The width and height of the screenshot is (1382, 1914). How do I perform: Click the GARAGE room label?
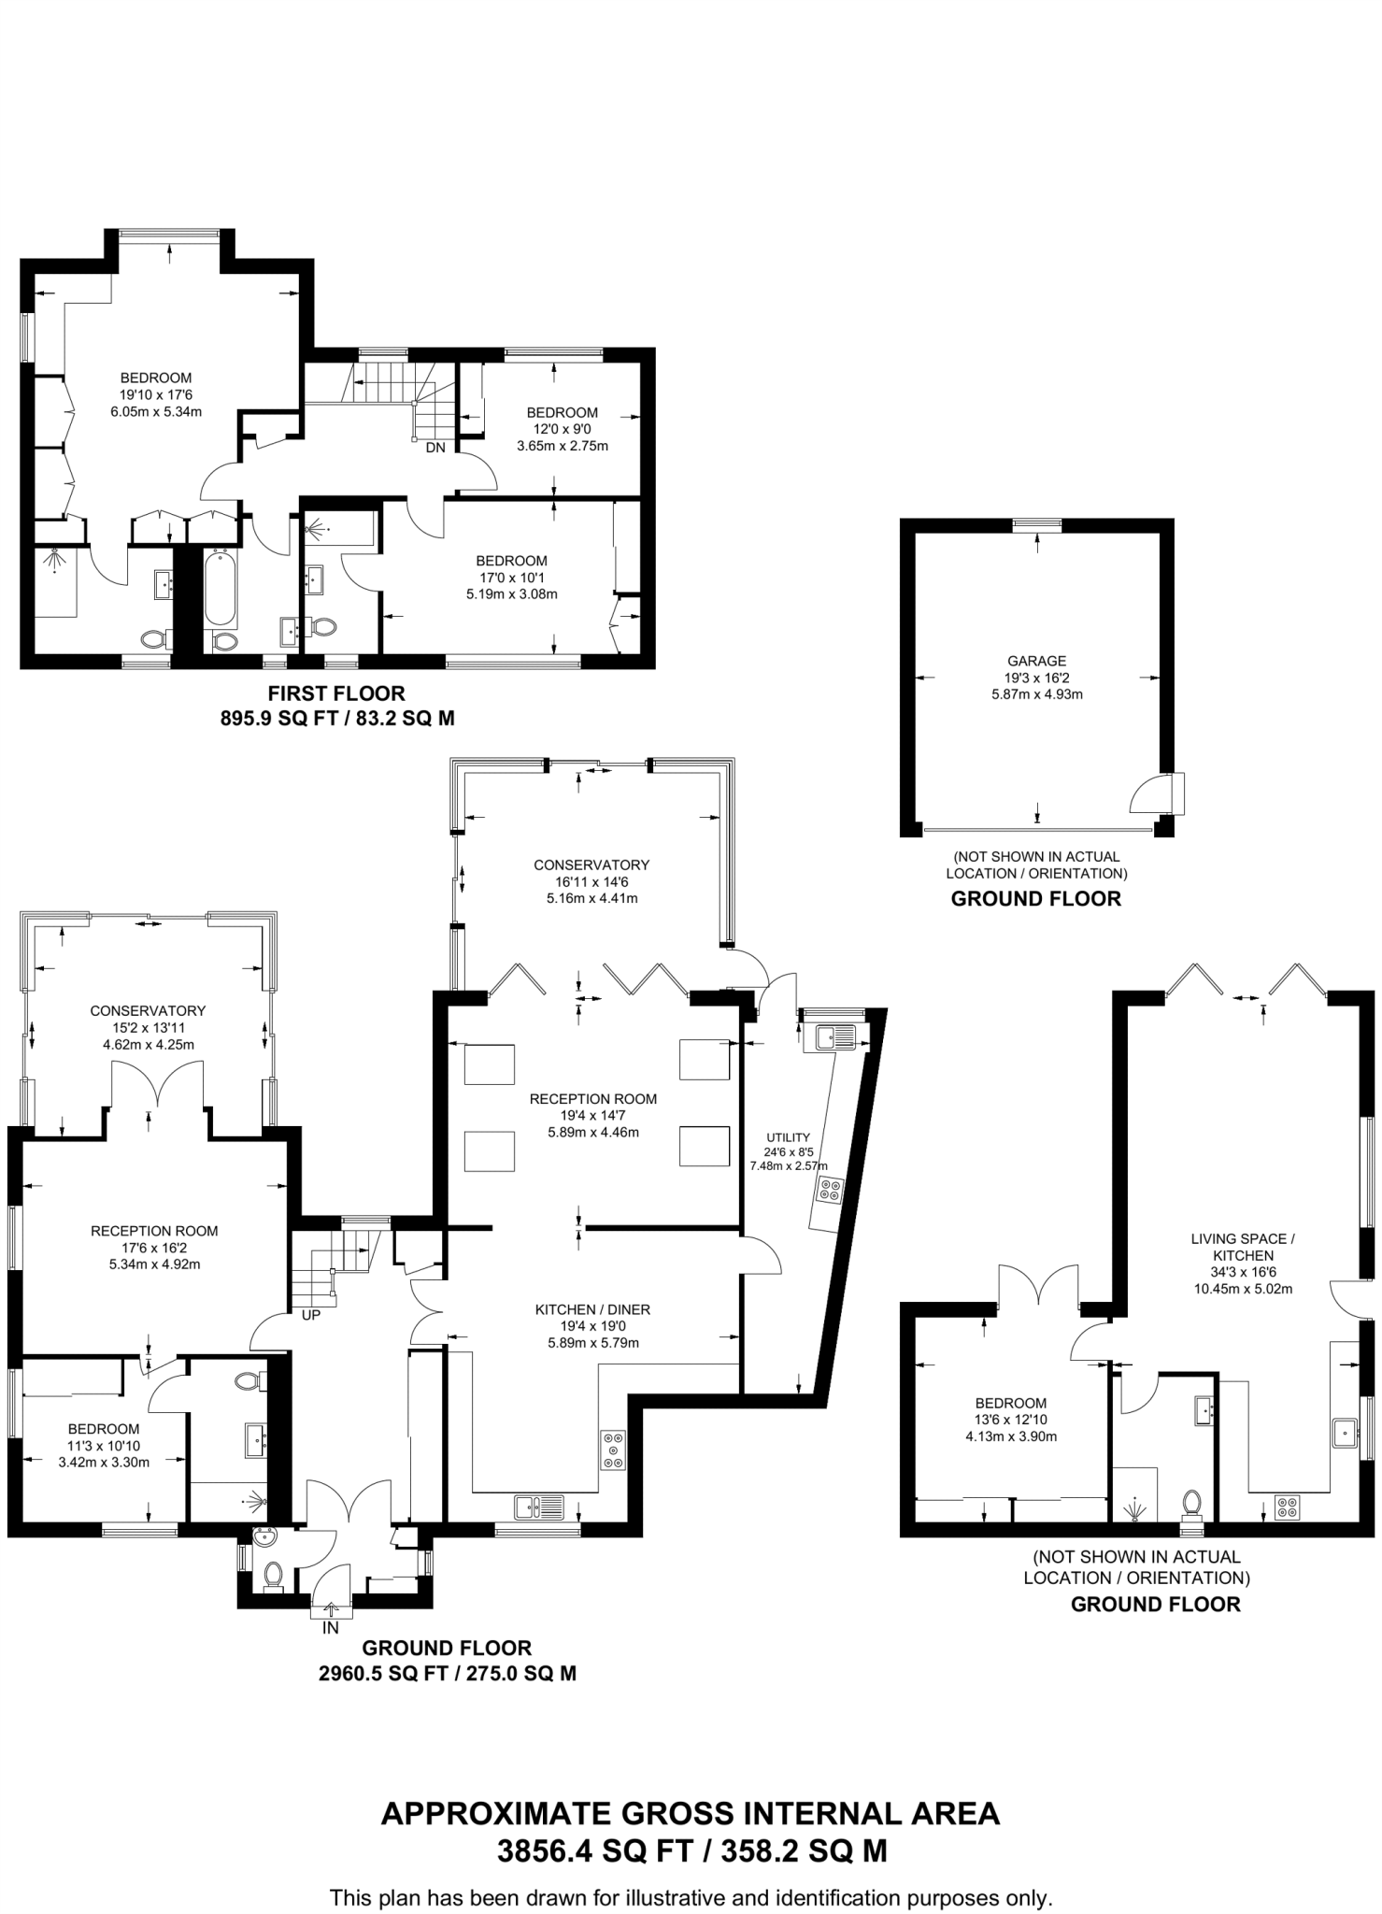point(1036,661)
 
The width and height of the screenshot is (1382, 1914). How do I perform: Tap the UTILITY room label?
point(788,1137)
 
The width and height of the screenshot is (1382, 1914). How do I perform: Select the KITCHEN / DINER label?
point(592,1310)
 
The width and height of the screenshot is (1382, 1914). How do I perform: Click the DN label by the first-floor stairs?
point(435,448)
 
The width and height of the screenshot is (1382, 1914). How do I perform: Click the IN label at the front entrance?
point(331,1628)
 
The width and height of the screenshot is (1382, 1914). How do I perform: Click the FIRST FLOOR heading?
point(336,693)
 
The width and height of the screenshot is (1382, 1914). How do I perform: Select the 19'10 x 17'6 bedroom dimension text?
point(156,394)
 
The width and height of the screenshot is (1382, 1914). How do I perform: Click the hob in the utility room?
point(829,1190)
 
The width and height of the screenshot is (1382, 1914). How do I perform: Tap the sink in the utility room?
point(835,1036)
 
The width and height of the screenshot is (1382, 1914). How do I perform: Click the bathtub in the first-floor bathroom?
point(221,588)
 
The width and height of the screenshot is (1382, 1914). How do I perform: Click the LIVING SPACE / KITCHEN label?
point(1242,1247)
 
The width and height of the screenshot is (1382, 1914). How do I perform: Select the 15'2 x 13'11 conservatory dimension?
point(148,1028)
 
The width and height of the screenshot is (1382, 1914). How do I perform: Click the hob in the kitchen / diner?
point(613,1450)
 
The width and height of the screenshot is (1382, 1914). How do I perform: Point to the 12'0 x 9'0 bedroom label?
point(562,429)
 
